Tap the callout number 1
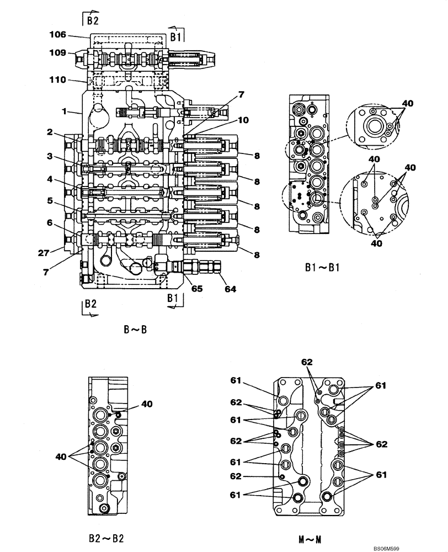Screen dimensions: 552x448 [64, 112]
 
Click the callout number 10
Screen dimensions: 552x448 [243, 120]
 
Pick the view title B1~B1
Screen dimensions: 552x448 [322, 269]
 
